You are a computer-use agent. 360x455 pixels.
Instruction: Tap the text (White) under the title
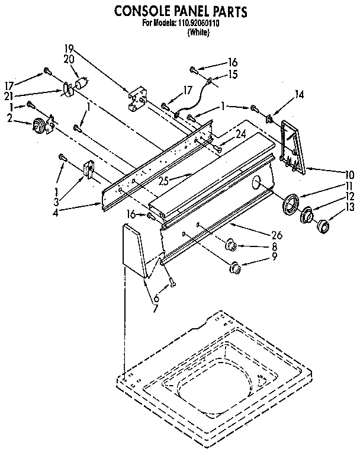(198, 33)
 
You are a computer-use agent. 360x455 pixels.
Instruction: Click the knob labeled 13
(323, 226)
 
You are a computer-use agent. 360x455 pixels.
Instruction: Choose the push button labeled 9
(235, 268)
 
